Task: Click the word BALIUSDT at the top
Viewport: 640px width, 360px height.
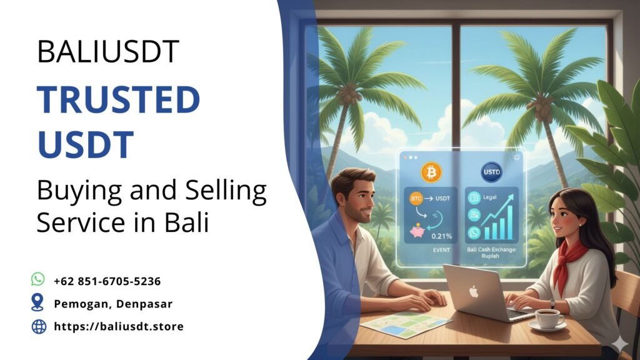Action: (x=108, y=52)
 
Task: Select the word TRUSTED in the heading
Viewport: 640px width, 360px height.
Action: (x=118, y=100)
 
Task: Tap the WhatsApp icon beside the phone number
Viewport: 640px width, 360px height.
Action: (x=38, y=279)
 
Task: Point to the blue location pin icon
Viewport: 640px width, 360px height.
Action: (x=38, y=302)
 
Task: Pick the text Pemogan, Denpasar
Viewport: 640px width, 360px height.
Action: (x=113, y=304)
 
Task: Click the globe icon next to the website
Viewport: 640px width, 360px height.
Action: (x=39, y=326)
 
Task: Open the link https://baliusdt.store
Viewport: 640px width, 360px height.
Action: (x=119, y=326)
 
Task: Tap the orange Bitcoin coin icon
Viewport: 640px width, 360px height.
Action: (x=431, y=171)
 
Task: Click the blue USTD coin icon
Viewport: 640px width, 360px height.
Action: (x=491, y=172)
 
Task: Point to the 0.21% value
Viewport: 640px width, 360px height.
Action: (x=441, y=236)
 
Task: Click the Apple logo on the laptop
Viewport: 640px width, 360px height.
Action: (x=472, y=292)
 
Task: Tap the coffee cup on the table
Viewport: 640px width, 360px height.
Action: (x=549, y=318)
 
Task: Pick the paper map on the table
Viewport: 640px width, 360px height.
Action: (x=406, y=323)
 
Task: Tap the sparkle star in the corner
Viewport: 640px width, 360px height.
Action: (x=619, y=344)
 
